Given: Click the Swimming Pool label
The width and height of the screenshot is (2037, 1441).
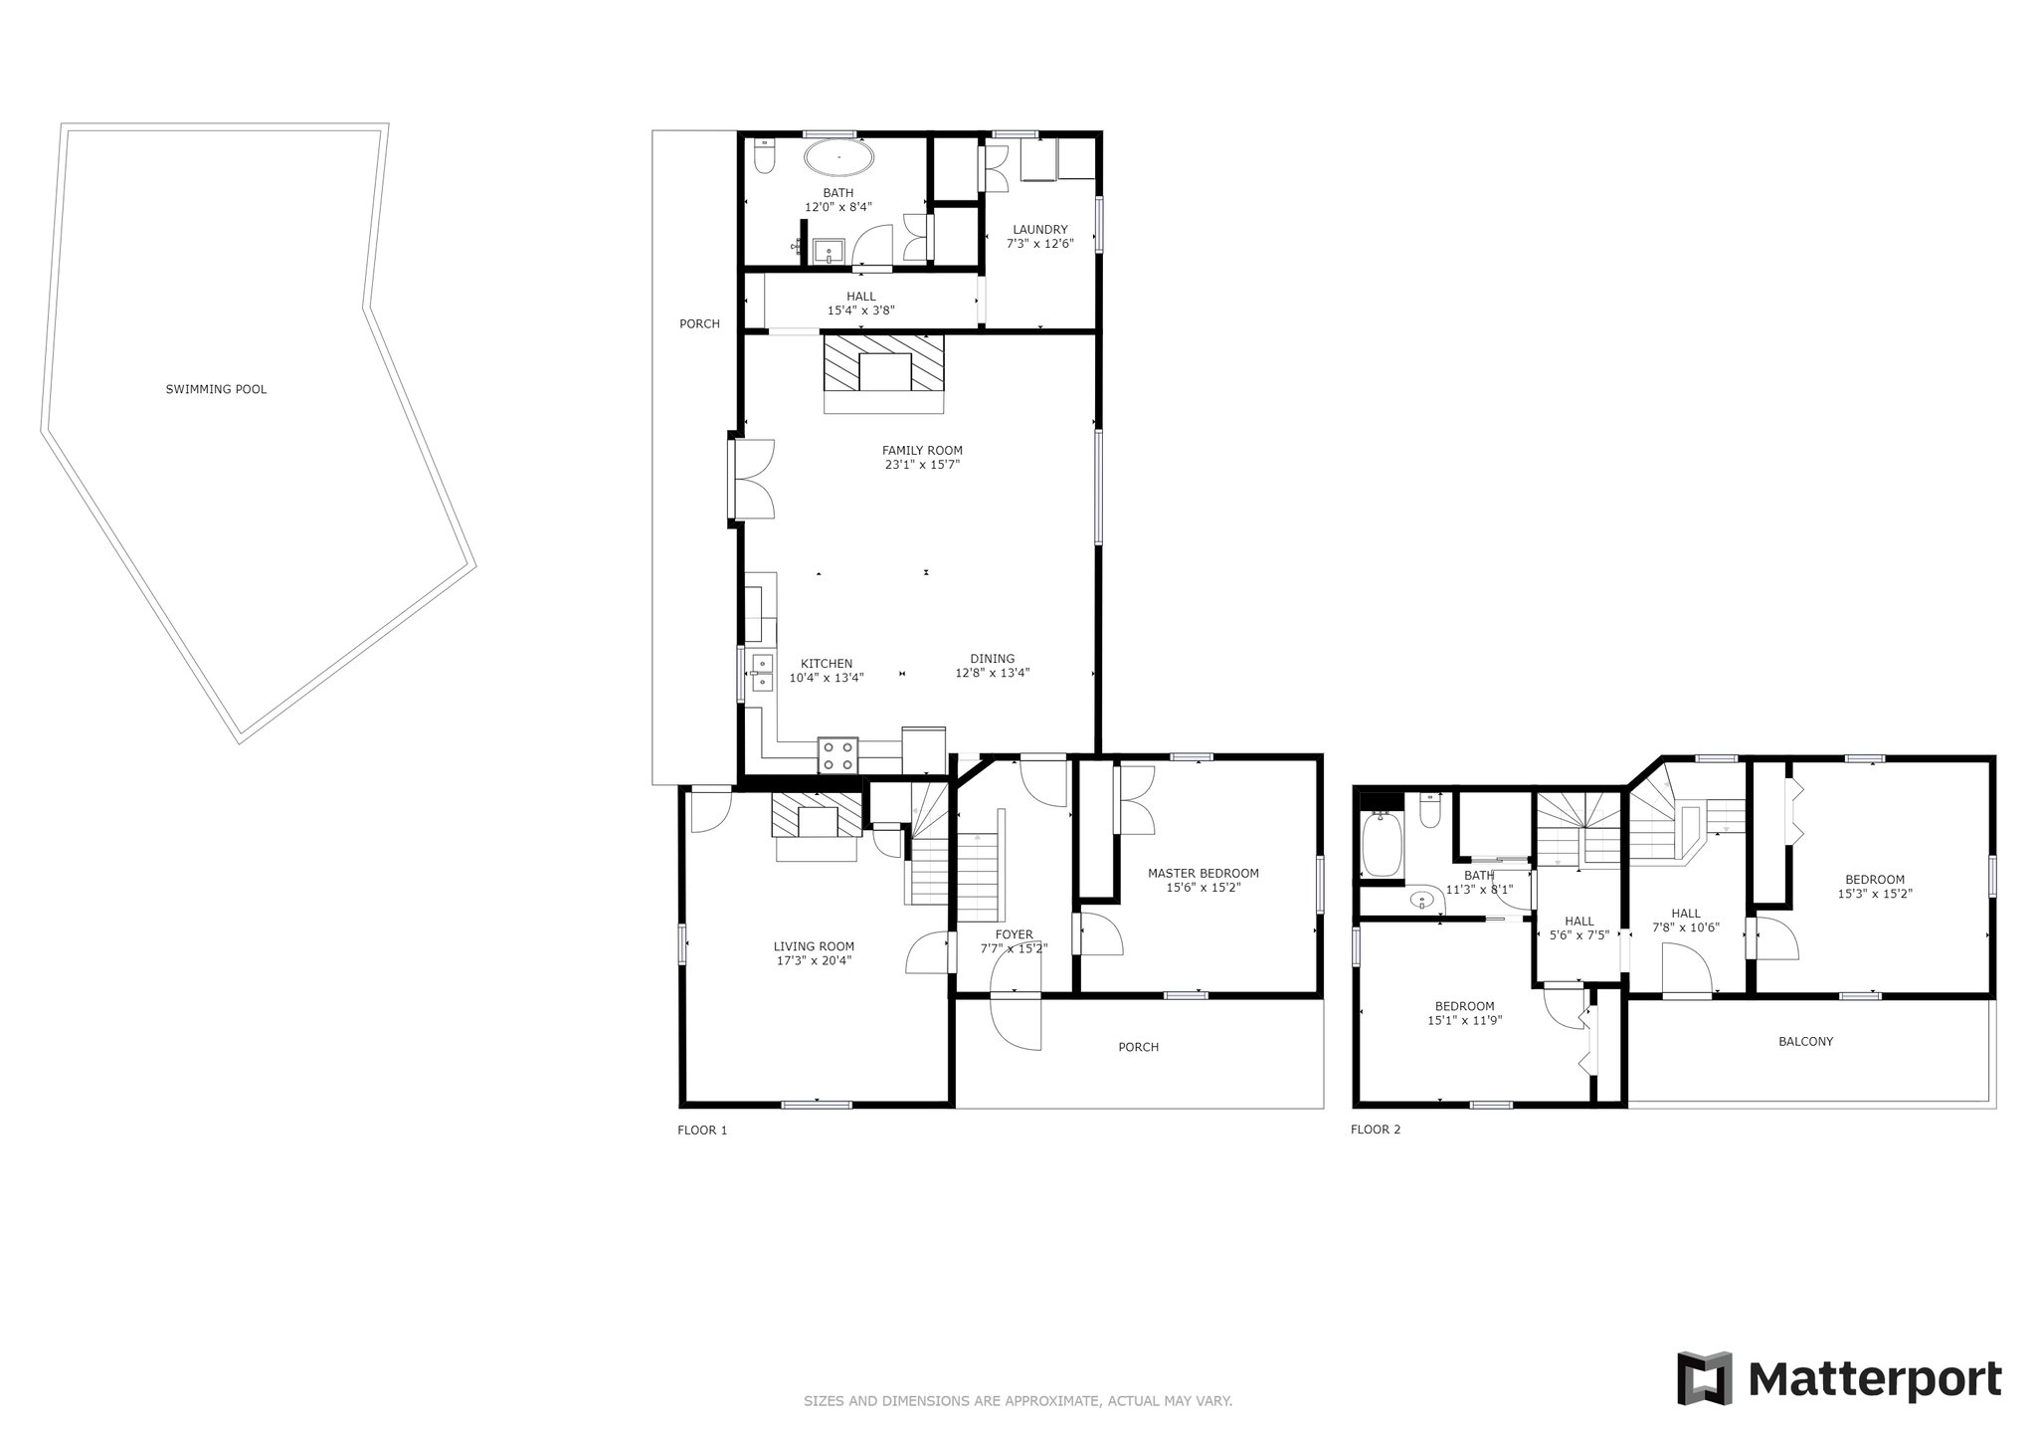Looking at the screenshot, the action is click(x=216, y=389).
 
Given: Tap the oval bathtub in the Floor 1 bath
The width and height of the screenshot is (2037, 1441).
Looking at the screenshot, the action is click(x=838, y=157).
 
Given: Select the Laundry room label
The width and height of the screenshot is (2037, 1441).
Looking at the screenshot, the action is click(x=1039, y=229).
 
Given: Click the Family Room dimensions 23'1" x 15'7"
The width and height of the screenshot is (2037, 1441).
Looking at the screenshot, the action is click(x=922, y=464).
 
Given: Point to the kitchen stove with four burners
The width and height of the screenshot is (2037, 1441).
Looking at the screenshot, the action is click(x=837, y=754).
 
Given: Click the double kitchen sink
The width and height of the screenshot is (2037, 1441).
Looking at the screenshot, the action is click(x=762, y=672).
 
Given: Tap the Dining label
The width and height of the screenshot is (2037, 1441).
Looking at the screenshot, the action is click(x=992, y=658).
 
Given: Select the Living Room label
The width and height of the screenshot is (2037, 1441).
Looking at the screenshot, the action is click(x=814, y=946).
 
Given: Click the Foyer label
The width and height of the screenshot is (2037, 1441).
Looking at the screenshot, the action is click(x=1014, y=934).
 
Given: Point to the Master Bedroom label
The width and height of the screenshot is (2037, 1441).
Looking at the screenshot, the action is click(x=1203, y=873).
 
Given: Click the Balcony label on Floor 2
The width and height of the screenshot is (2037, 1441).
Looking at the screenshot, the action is click(x=1805, y=1041).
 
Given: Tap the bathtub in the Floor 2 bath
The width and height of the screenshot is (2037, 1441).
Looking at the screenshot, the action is click(x=1381, y=843).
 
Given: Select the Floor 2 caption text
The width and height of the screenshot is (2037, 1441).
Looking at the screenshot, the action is click(x=1376, y=1130).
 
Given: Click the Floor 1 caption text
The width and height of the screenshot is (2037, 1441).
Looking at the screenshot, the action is click(x=702, y=1130).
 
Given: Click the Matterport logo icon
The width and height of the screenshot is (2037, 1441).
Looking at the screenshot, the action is click(x=1704, y=1378).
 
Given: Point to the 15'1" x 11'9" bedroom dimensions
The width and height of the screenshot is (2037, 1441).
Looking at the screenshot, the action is click(x=1464, y=1020).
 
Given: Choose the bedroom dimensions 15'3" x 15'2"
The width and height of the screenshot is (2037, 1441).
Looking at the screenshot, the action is click(x=1875, y=893).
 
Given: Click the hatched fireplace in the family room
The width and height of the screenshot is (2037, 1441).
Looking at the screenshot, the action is click(x=883, y=373).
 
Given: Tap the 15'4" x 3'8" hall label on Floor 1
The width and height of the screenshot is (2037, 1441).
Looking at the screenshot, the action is click(x=861, y=309).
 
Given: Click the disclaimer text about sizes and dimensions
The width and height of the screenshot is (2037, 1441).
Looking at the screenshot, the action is click(x=1018, y=1401).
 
